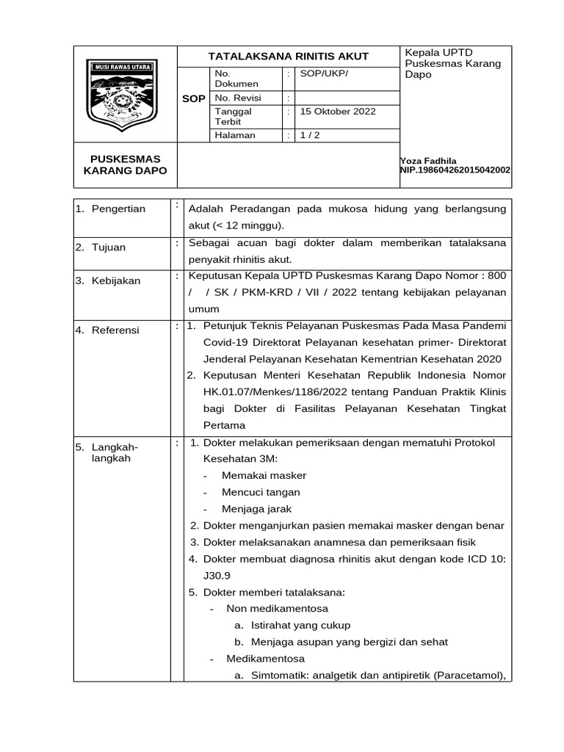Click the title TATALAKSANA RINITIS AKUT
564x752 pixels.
coord(289,57)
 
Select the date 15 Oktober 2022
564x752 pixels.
coord(337,112)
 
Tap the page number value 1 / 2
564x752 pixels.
coord(311,135)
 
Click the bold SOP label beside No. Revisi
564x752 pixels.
coord(194,98)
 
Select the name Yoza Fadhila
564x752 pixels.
coord(428,161)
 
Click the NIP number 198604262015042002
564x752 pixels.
coord(455,170)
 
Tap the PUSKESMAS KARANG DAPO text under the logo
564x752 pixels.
coord(125,164)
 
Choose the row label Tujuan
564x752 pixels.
coord(108,247)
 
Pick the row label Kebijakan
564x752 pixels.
coord(115,281)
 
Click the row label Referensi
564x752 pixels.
coord(115,330)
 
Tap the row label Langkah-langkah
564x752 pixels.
coord(114,452)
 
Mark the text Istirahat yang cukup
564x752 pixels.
coord(300,625)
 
